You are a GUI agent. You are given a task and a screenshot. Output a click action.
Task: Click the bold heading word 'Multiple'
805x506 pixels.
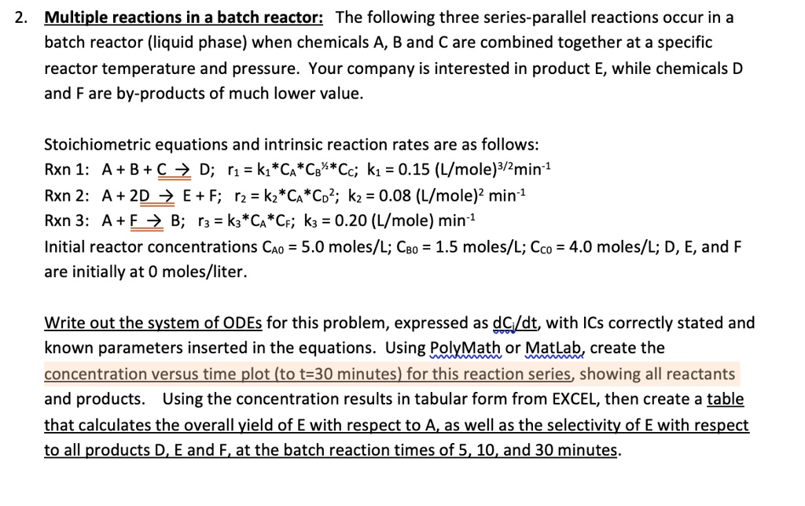(x=77, y=17)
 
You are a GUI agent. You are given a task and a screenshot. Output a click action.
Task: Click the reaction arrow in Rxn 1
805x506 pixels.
(x=182, y=171)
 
